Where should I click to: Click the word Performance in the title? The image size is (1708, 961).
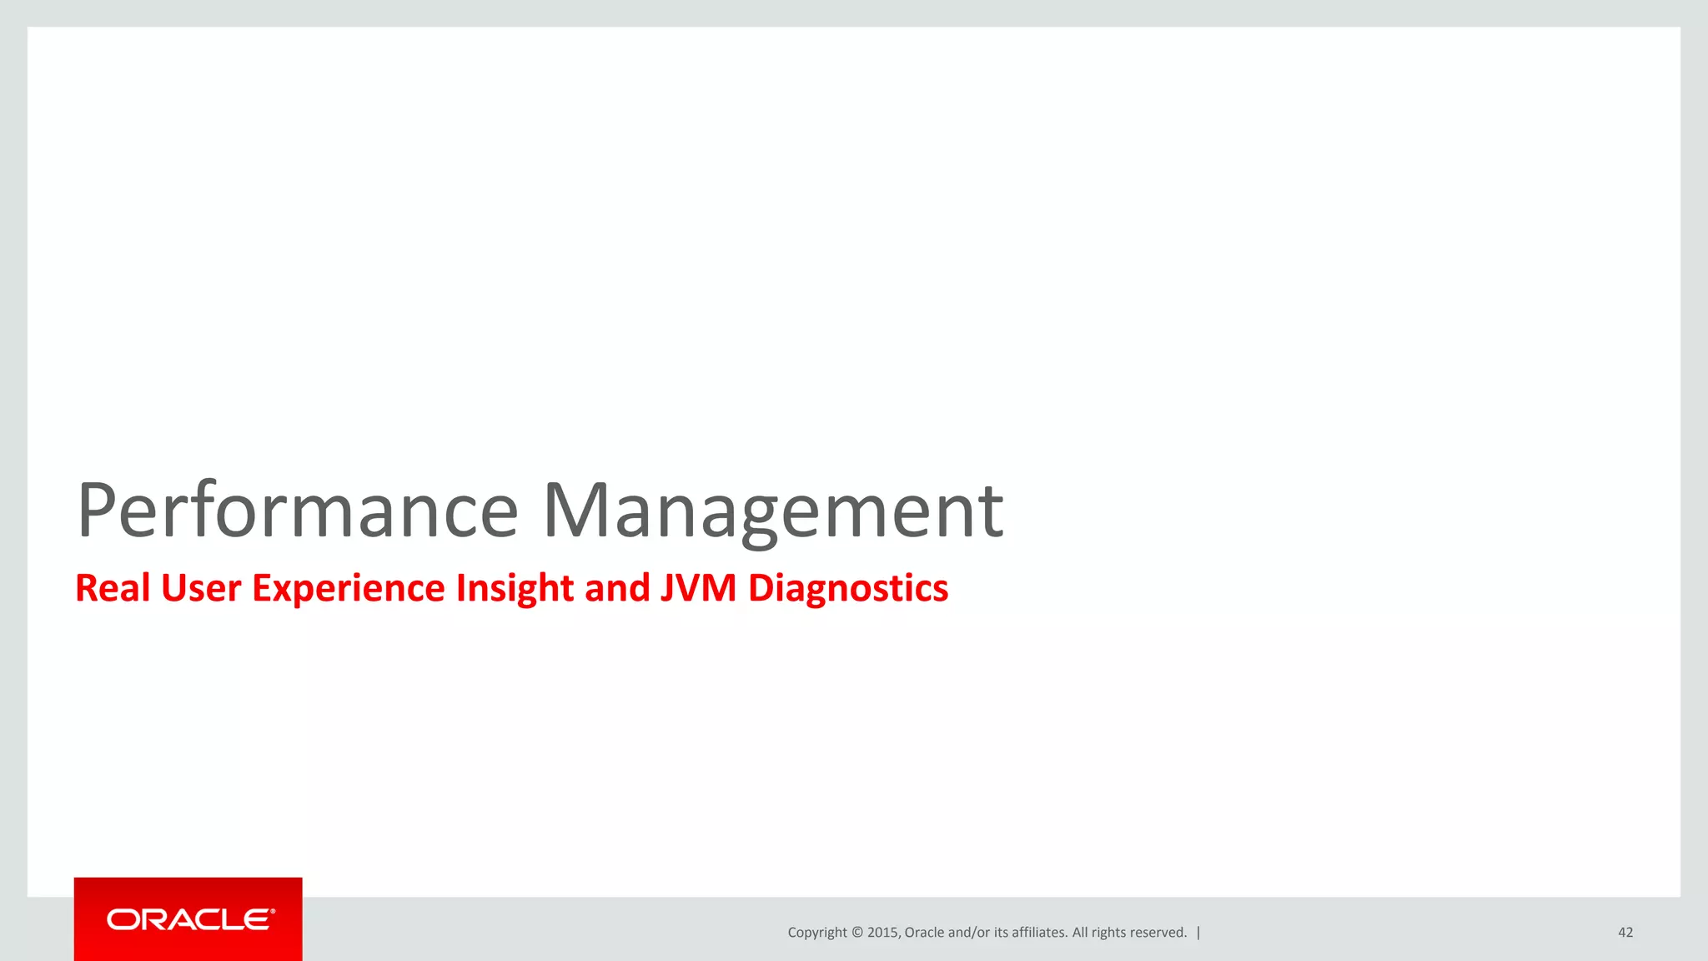tap(298, 511)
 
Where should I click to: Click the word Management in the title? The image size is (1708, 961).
tap(773, 511)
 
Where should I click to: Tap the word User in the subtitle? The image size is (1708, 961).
tap(200, 588)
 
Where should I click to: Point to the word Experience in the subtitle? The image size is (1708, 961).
tap(349, 588)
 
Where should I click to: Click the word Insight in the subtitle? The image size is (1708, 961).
tap(514, 588)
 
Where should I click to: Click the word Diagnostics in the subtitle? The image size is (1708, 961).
tap(847, 588)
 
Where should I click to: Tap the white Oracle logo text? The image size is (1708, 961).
tap(190, 919)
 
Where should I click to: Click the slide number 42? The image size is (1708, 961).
tap(1625, 933)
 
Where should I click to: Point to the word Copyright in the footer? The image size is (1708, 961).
tap(817, 933)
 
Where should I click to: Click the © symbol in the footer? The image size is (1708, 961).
tap(857, 933)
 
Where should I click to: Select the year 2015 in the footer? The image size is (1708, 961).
tap(882, 933)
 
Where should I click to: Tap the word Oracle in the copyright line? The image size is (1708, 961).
tap(924, 933)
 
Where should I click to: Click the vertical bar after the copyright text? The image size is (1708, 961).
tap(1198, 933)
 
